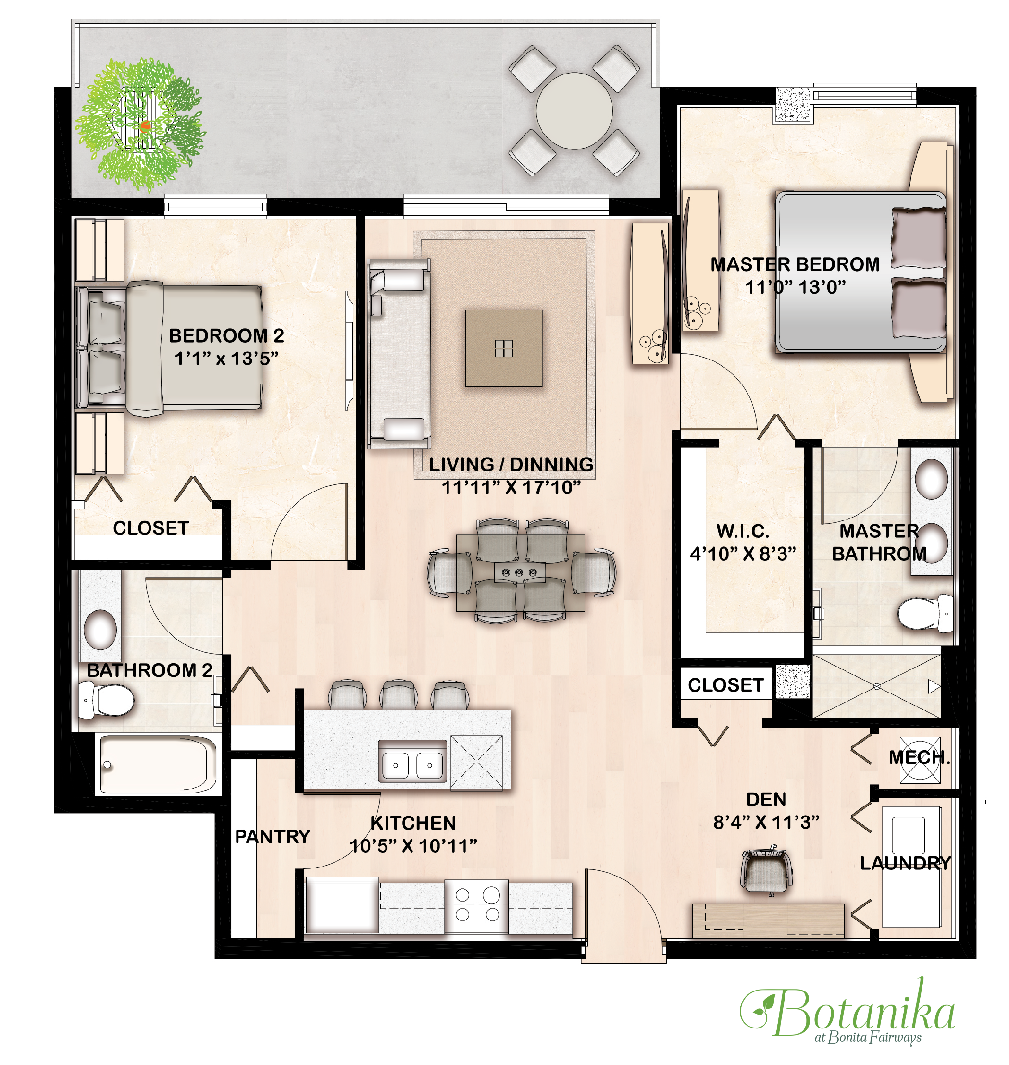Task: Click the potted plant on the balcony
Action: click(x=140, y=125)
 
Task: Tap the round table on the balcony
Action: click(x=574, y=111)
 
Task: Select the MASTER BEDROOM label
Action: click(x=795, y=264)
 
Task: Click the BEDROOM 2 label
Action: click(x=226, y=335)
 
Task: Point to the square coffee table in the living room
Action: click(x=503, y=348)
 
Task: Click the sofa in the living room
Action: click(x=399, y=354)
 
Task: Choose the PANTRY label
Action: click(x=273, y=837)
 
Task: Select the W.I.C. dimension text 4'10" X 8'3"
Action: click(x=743, y=554)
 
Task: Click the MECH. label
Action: click(x=920, y=757)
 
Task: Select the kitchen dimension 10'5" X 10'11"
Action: click(x=413, y=846)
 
